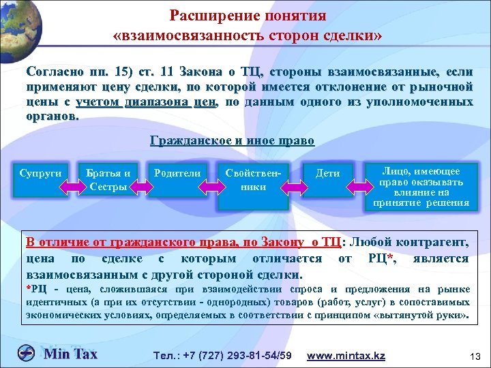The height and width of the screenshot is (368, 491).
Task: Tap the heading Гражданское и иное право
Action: point(232,141)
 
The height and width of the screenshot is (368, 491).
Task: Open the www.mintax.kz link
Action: point(346,356)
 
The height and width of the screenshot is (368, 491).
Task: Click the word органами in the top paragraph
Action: point(52,115)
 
